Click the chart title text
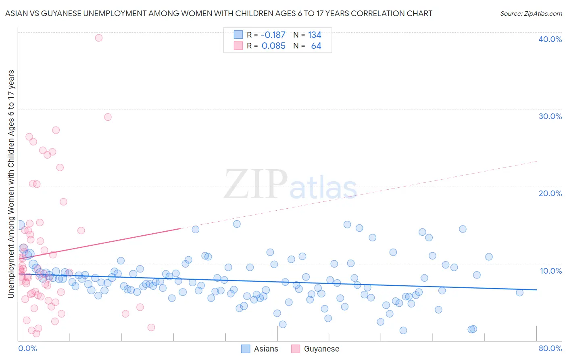(218, 13)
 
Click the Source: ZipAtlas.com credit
(531, 13)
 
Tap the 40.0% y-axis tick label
(550, 39)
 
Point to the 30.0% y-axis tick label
(550, 116)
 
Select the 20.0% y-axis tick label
(550, 193)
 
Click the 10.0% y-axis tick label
(550, 271)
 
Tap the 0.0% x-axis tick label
(27, 348)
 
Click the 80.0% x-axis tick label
(550, 348)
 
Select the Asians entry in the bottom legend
(260, 349)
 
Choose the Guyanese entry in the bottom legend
(315, 349)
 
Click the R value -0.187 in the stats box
(273, 35)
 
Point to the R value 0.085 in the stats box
(273, 46)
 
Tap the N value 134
(315, 35)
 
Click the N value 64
(316, 46)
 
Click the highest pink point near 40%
(99, 38)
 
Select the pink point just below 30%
(108, 117)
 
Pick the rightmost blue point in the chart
(519, 293)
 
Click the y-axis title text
(11, 184)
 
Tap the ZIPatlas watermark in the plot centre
(290, 185)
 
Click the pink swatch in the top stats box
(238, 46)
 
